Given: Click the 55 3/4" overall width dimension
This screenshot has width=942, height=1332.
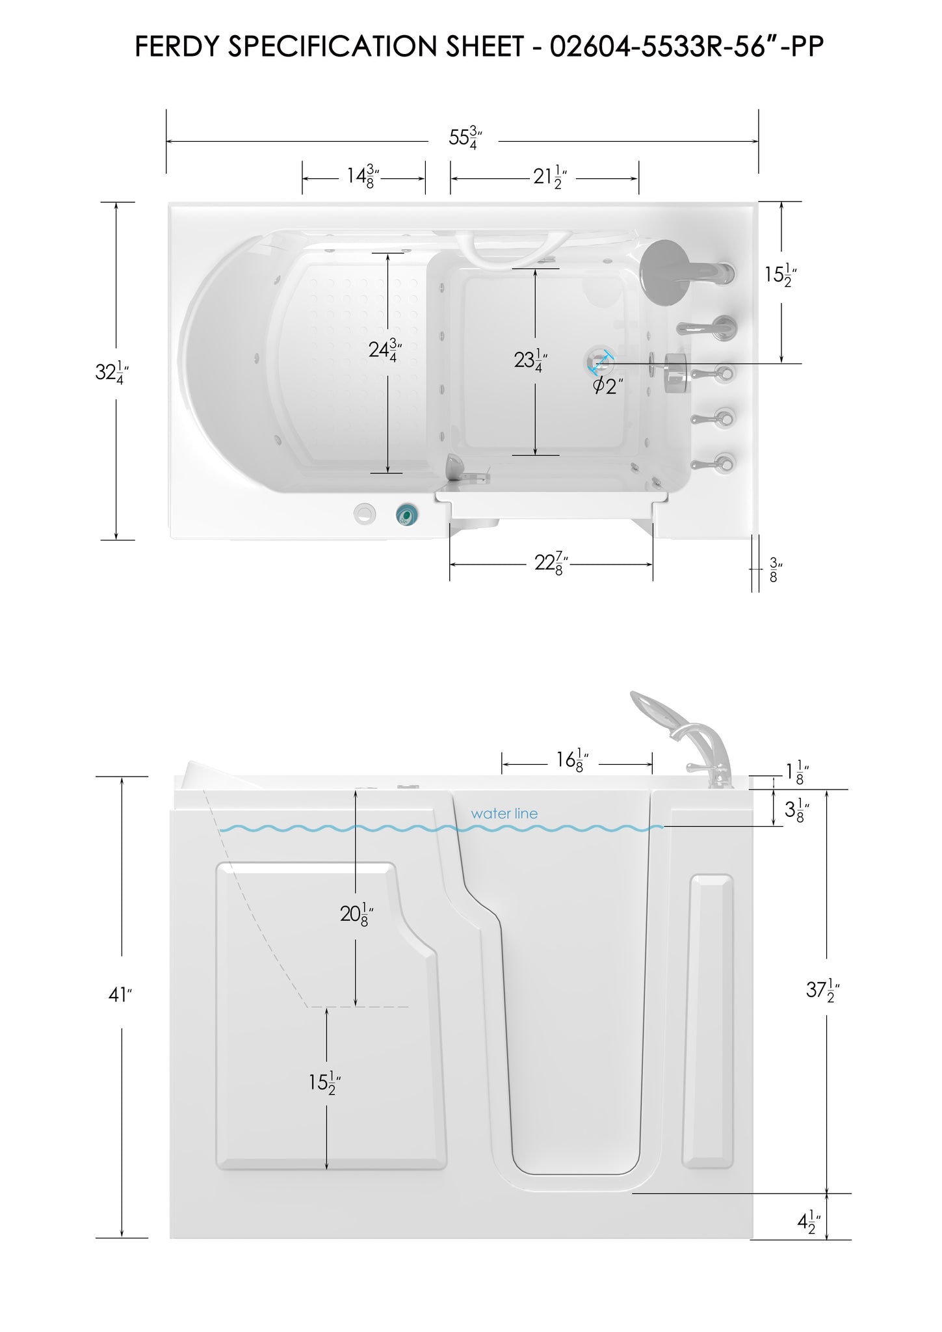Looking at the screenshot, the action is tap(465, 138).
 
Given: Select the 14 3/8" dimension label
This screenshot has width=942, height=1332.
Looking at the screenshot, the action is tap(363, 176).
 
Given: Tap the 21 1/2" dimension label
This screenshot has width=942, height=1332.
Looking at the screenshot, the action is tap(550, 176).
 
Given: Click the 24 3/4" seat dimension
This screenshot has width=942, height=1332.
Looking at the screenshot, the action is tap(386, 350).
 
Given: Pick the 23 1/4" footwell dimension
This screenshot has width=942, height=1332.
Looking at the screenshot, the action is tap(530, 359).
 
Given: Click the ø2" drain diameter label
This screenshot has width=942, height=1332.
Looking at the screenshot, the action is tap(608, 385).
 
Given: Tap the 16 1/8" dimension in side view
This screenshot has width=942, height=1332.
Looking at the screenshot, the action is tap(572, 760).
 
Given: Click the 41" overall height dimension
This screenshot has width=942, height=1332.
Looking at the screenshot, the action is tap(120, 994).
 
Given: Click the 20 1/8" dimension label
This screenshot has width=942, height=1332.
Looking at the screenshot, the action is tap(356, 914).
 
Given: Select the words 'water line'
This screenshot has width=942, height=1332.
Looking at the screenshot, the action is tap(504, 814).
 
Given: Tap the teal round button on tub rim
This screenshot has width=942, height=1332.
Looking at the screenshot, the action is tap(407, 514).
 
